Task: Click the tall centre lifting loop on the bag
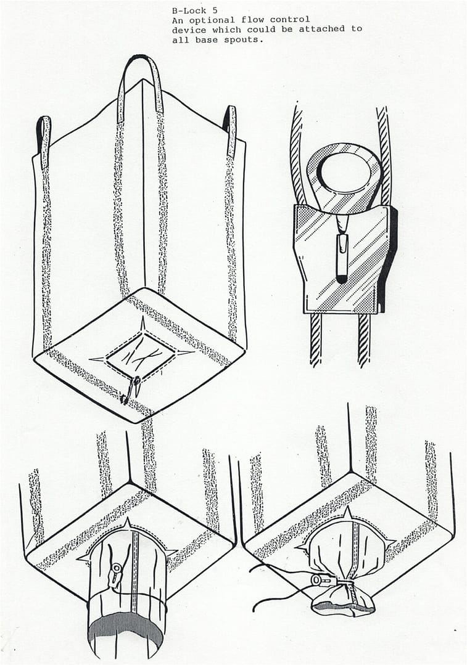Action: [140, 85]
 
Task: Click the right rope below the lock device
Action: [363, 340]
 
